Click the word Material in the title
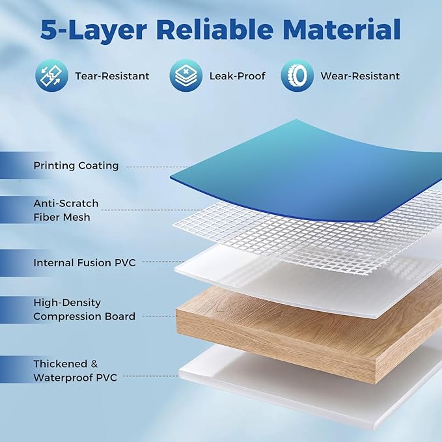pyautogui.click(x=339, y=29)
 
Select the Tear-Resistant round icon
pyautogui.click(x=52, y=76)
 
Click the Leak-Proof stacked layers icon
pyautogui.click(x=186, y=76)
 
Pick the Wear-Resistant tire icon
pyautogui.click(x=297, y=76)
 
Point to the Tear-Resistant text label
pyautogui.click(x=112, y=76)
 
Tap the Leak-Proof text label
pyautogui.click(x=238, y=76)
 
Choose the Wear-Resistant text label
pyautogui.click(x=360, y=76)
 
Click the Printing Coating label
pyautogui.click(x=76, y=166)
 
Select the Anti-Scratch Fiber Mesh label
pyautogui.click(x=66, y=210)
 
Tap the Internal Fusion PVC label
pyautogui.click(x=85, y=263)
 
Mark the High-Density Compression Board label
pyautogui.click(x=84, y=309)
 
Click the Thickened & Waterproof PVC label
pyautogui.click(x=75, y=370)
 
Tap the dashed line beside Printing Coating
pyautogui.click(x=159, y=167)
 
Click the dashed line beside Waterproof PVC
pyautogui.click(x=151, y=376)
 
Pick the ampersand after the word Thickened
pyautogui.click(x=94, y=364)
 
